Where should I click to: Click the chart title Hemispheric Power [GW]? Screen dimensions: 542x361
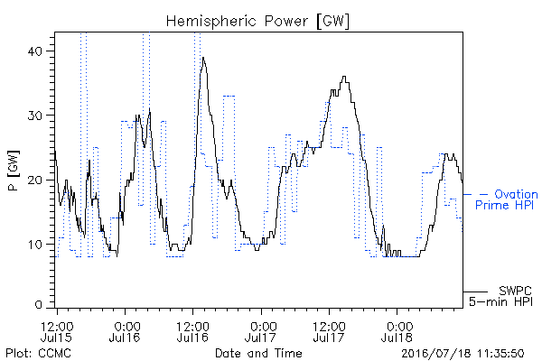click(x=257, y=21)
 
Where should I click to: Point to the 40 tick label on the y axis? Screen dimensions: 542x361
click(x=34, y=51)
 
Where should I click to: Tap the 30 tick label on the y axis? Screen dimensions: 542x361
click(x=34, y=116)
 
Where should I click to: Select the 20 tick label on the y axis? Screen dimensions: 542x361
click(x=34, y=180)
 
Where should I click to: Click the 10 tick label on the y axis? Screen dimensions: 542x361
click(x=35, y=245)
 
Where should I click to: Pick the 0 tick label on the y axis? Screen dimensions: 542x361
click(x=39, y=305)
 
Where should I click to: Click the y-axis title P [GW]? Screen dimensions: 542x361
click(x=14, y=171)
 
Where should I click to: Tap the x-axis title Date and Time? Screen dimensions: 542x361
click(x=258, y=353)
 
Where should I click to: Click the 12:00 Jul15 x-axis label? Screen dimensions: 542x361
click(x=57, y=331)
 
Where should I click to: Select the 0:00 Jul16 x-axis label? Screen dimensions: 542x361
click(x=125, y=331)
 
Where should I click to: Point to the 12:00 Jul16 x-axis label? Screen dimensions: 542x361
click(x=192, y=331)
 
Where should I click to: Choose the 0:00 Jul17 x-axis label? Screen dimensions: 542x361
click(x=261, y=331)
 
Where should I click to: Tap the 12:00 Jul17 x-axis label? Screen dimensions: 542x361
click(x=329, y=331)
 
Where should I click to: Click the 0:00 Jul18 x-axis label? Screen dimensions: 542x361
click(x=397, y=331)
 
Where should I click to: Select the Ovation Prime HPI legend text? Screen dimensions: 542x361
click(x=507, y=199)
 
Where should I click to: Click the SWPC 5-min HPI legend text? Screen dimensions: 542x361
click(x=500, y=296)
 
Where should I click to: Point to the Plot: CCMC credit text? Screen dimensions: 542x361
click(x=38, y=353)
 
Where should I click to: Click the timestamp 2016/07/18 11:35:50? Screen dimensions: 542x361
click(x=463, y=354)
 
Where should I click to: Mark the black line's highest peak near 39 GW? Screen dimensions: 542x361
click(x=203, y=58)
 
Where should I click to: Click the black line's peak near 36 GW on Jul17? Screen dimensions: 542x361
click(x=344, y=77)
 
